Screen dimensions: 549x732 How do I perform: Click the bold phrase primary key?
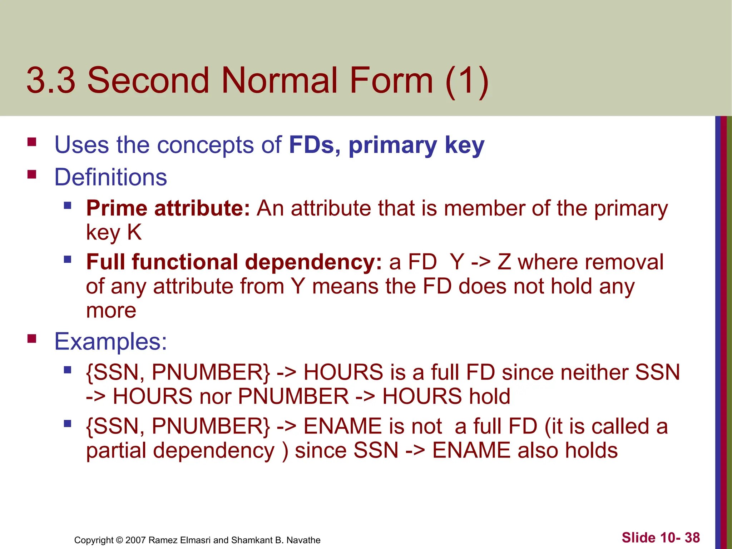(x=416, y=145)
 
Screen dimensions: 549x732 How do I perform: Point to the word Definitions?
(x=110, y=177)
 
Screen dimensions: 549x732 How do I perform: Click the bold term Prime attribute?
(x=168, y=208)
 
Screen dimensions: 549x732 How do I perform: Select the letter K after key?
(x=134, y=232)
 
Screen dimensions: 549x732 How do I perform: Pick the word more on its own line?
(x=111, y=310)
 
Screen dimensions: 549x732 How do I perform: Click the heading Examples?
(x=110, y=341)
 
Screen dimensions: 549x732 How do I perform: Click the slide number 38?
(x=692, y=538)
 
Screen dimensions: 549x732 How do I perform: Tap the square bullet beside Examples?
(x=32, y=338)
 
